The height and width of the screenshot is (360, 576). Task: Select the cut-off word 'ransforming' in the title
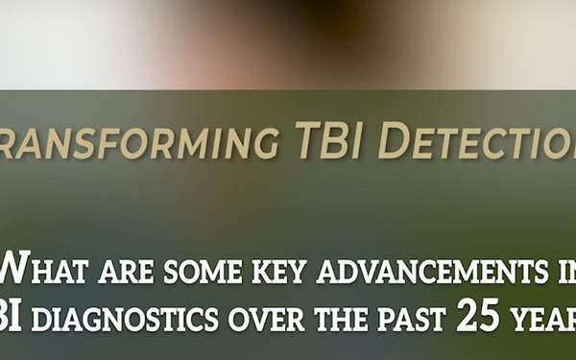tap(129, 142)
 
